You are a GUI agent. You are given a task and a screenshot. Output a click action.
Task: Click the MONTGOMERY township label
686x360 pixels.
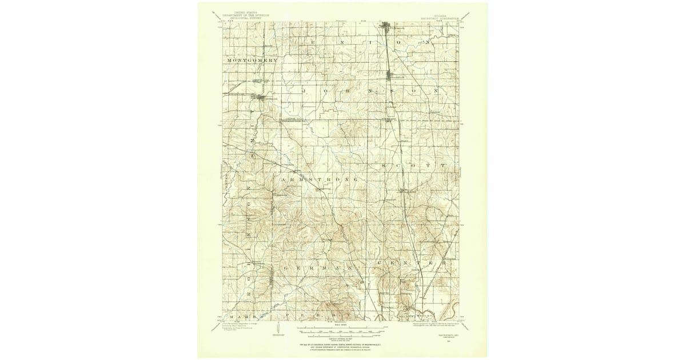click(252, 60)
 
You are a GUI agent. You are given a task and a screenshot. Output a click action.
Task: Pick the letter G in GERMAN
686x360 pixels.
click(284, 267)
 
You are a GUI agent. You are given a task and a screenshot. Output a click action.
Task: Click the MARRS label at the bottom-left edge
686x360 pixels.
click(241, 315)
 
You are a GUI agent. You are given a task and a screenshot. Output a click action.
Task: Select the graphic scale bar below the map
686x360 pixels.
click(343, 329)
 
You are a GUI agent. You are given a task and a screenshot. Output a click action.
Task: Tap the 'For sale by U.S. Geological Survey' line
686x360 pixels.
click(343, 346)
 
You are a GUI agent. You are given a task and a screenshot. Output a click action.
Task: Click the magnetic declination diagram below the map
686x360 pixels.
click(278, 330)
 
